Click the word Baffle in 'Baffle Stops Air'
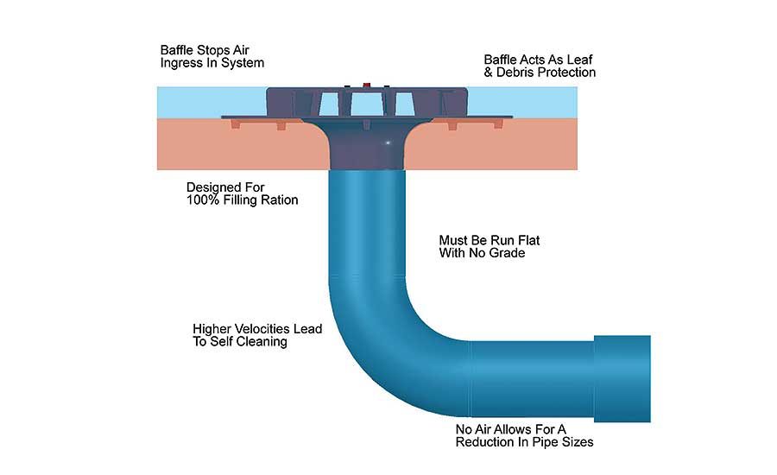(177, 50)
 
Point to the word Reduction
(490, 442)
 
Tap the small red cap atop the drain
(367, 85)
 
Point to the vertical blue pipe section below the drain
(368, 225)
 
